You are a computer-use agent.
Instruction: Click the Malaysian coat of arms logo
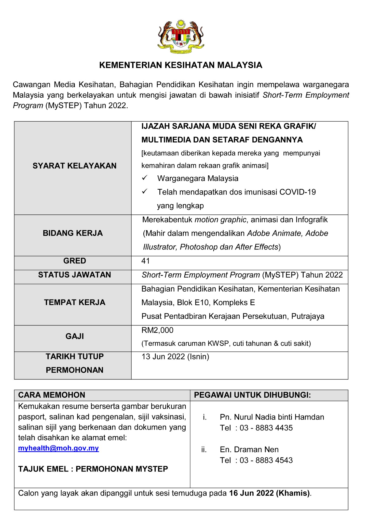pyautogui.click(x=181, y=36)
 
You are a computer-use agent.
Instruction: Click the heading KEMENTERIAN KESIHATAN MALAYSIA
pyautogui.click(x=181, y=65)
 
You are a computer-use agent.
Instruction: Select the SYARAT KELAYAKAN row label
pyautogui.click(x=74, y=166)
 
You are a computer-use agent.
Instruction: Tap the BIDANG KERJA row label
pyautogui.click(x=73, y=233)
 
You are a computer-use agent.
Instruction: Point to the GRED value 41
pyautogui.click(x=146, y=261)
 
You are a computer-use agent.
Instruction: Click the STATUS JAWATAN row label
pyautogui.click(x=74, y=275)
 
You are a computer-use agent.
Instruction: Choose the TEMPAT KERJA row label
pyautogui.click(x=74, y=302)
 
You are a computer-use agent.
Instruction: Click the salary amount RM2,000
pyautogui.click(x=157, y=330)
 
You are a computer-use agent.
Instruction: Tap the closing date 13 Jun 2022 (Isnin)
pyautogui.click(x=175, y=357)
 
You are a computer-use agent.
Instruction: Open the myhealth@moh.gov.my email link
pyautogui.click(x=58, y=448)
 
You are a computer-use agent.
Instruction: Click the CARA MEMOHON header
pyautogui.click(x=52, y=395)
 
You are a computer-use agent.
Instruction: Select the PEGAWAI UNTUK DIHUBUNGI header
pyautogui.click(x=252, y=395)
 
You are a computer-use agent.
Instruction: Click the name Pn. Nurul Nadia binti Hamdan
pyautogui.click(x=272, y=417)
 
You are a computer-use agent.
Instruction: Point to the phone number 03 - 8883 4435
pyautogui.click(x=266, y=428)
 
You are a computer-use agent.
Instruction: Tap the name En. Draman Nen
pyautogui.click(x=249, y=449)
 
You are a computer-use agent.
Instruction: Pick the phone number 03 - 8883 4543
pyautogui.click(x=266, y=460)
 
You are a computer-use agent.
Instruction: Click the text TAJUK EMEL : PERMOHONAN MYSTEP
pyautogui.click(x=93, y=469)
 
